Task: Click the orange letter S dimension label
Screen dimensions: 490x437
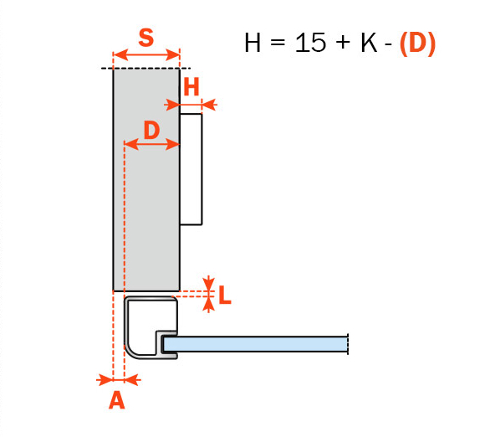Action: pos(146,38)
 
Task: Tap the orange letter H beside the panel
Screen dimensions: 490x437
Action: pos(191,87)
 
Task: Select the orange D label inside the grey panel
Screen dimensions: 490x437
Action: pos(152,130)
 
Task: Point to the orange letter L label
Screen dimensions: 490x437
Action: pos(225,295)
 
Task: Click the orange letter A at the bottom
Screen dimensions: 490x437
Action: pos(117,400)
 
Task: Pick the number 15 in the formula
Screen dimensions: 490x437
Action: pos(310,43)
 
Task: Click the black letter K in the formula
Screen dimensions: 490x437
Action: pos(369,43)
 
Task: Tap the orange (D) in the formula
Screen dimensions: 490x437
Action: pos(417,44)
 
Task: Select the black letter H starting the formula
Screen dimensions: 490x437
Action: pos(253,43)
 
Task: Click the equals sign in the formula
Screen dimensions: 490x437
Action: pos(278,42)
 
